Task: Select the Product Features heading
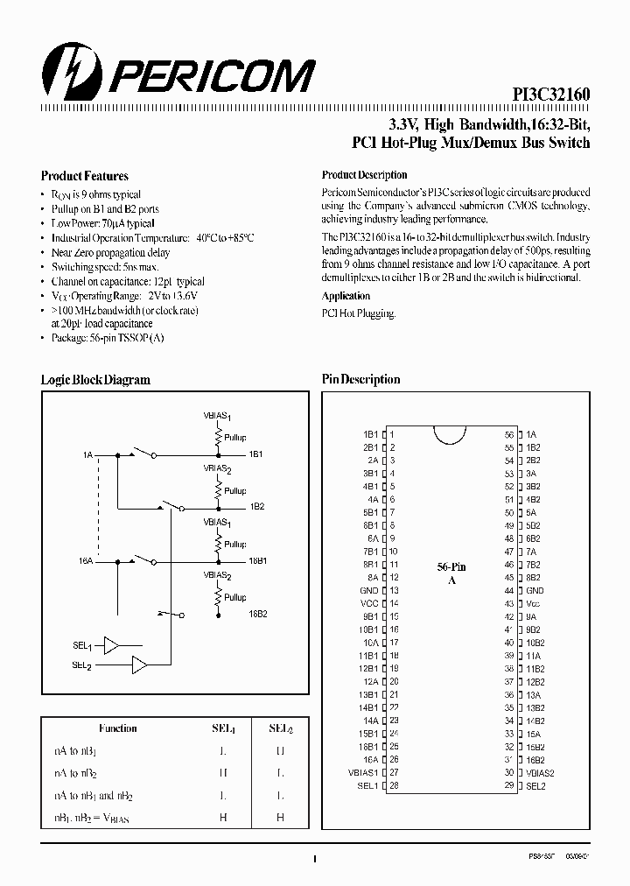tap(85, 176)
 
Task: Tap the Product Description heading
tap(365, 175)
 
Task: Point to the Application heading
tap(346, 296)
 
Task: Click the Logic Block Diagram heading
tap(95, 380)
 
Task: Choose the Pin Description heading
tap(360, 380)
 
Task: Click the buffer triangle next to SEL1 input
tap(111, 645)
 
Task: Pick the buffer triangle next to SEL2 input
tap(138, 665)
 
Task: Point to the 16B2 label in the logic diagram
tap(257, 614)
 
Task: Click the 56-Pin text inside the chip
tap(451, 567)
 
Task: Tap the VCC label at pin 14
tap(369, 603)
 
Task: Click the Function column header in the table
tap(118, 728)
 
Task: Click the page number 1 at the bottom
tap(313, 859)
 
